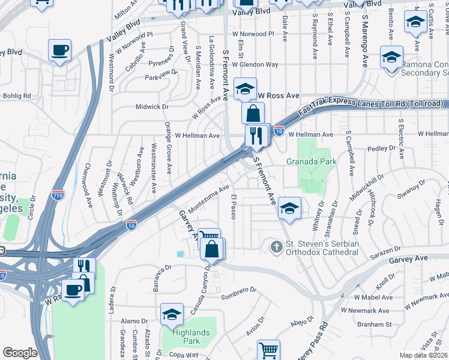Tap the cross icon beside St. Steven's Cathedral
point(276,247)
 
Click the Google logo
point(20,352)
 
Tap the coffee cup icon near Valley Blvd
point(59,51)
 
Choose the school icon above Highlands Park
point(172,314)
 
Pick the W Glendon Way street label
point(256,64)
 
